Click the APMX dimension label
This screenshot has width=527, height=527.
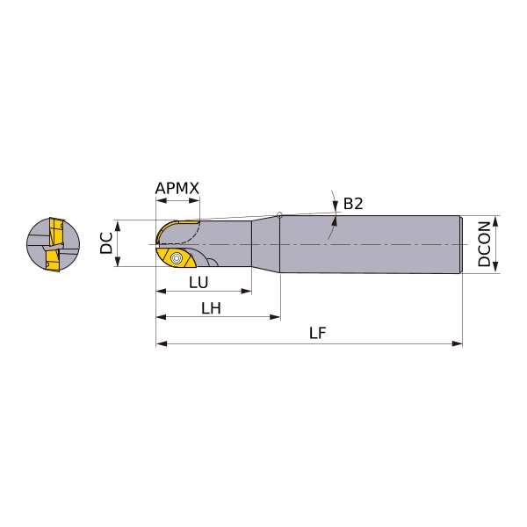[177, 188]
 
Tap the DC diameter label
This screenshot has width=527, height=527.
[106, 243]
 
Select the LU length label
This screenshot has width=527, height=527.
[199, 283]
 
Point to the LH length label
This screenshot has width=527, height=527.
[211, 308]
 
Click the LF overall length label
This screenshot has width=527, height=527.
[318, 333]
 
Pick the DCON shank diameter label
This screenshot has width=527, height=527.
[484, 244]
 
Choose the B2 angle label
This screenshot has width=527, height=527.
[353, 204]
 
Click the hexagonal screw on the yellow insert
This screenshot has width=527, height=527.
[177, 258]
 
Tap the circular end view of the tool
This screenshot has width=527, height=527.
[53, 244]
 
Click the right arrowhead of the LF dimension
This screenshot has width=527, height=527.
[458, 343]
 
